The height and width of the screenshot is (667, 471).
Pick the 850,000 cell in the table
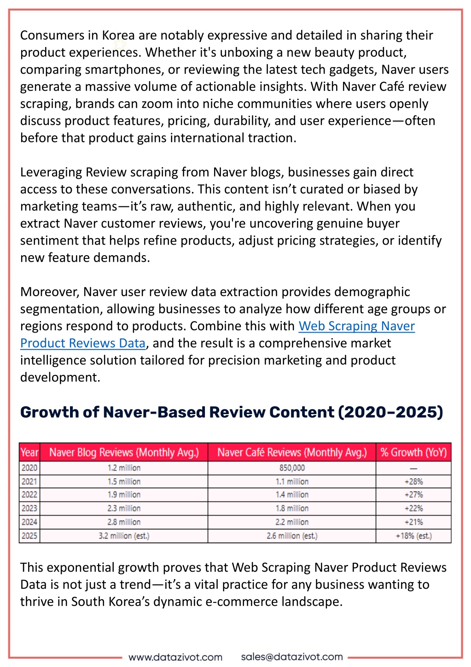click(x=292, y=468)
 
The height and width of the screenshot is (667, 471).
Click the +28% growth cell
click(x=413, y=481)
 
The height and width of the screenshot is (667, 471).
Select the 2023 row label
click(x=29, y=508)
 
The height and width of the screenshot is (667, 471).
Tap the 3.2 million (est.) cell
click(x=124, y=536)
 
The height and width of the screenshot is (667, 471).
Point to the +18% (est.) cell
click(x=413, y=536)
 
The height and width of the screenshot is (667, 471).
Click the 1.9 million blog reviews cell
click(x=124, y=495)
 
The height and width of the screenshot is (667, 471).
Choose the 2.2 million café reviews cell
click(x=292, y=522)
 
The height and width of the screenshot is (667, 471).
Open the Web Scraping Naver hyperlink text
click(x=356, y=326)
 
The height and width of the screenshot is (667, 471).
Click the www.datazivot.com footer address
click(x=175, y=657)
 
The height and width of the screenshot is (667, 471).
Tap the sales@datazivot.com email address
click(x=291, y=656)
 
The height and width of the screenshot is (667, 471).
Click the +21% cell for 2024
click(x=413, y=522)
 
